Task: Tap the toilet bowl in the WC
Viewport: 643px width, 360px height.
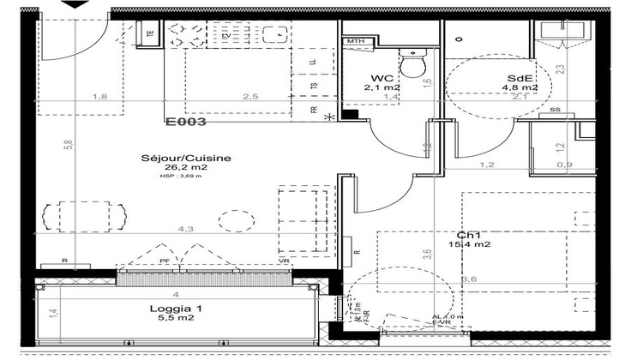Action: click(x=415, y=64)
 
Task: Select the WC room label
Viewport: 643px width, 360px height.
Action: click(x=381, y=76)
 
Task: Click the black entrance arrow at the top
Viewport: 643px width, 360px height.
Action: click(x=75, y=5)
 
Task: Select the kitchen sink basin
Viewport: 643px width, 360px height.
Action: click(x=273, y=36)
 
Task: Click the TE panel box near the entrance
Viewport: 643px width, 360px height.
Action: click(x=150, y=35)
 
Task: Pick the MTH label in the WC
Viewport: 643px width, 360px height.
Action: click(x=356, y=41)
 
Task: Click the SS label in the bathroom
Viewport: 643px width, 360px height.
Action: click(x=555, y=110)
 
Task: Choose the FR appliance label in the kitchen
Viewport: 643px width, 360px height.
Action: click(x=313, y=110)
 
